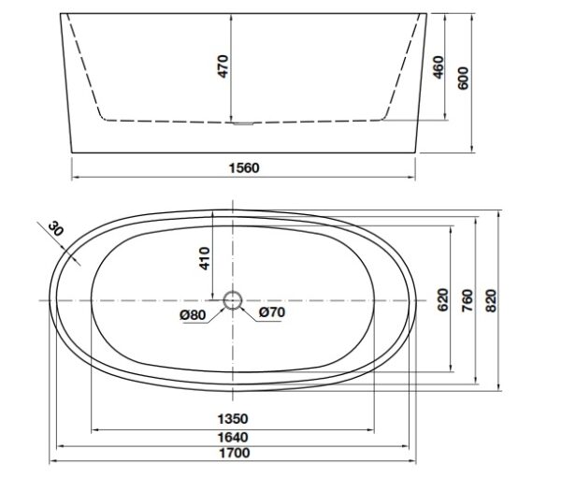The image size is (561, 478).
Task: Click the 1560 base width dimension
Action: [244, 167]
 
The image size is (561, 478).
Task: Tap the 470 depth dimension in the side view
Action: [223, 66]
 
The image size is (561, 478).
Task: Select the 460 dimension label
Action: [439, 67]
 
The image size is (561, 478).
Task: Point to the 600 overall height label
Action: [464, 78]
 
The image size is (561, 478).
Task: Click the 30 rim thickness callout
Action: [55, 228]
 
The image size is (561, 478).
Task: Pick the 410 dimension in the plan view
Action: [204, 258]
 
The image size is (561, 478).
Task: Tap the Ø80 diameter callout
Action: [193, 314]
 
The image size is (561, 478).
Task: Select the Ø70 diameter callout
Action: [272, 312]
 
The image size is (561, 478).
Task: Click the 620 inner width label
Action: [443, 299]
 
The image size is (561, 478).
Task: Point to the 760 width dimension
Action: [467, 300]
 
